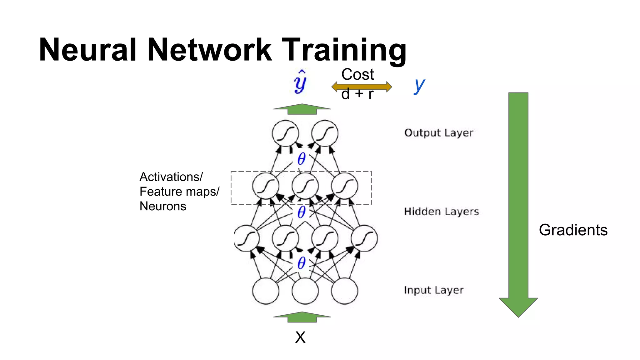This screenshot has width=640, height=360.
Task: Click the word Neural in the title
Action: (x=88, y=50)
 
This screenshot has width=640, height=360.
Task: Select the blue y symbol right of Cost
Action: (x=419, y=85)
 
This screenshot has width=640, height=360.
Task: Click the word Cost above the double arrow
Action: (x=357, y=74)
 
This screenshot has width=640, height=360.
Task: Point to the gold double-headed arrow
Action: (x=362, y=87)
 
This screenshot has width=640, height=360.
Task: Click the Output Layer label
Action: (x=438, y=133)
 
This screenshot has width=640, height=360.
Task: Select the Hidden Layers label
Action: (x=441, y=212)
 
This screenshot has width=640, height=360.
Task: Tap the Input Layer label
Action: (x=434, y=290)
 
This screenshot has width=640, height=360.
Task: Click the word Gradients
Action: (x=573, y=230)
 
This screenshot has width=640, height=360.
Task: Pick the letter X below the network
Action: (x=300, y=337)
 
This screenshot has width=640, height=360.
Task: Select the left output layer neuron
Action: (x=285, y=133)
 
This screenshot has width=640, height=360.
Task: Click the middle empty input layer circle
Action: (x=305, y=291)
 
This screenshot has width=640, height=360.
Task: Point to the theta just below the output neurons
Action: (x=301, y=159)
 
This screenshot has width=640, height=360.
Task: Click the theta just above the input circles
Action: (x=301, y=263)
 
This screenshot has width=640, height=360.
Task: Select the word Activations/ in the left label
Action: (x=171, y=177)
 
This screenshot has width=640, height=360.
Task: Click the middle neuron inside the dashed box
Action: (x=305, y=186)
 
